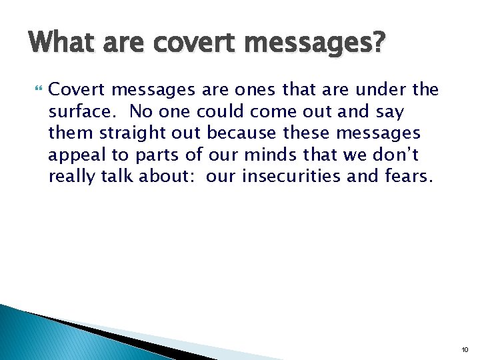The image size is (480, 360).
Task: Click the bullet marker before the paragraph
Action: [x=36, y=89]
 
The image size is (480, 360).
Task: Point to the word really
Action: [x=70, y=177]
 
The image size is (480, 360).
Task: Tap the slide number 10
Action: [x=465, y=349]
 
